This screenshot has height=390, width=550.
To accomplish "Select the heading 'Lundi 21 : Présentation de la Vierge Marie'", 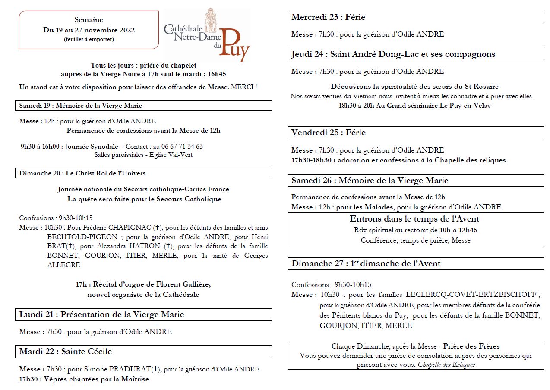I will tap(101, 315).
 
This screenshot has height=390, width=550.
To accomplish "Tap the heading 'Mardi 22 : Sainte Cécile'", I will tap(66, 352).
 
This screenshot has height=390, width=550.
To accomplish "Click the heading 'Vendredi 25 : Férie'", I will tap(329, 133).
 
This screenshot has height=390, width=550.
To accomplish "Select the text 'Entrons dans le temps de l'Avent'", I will tap(414, 219).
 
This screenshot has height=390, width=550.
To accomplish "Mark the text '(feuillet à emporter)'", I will tap(89, 39).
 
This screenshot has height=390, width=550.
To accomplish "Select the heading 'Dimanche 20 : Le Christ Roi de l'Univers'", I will tap(82, 173).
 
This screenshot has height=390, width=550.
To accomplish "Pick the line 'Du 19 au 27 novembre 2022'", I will tap(89, 30).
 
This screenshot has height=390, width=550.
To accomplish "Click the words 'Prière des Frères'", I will tap(471, 346).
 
